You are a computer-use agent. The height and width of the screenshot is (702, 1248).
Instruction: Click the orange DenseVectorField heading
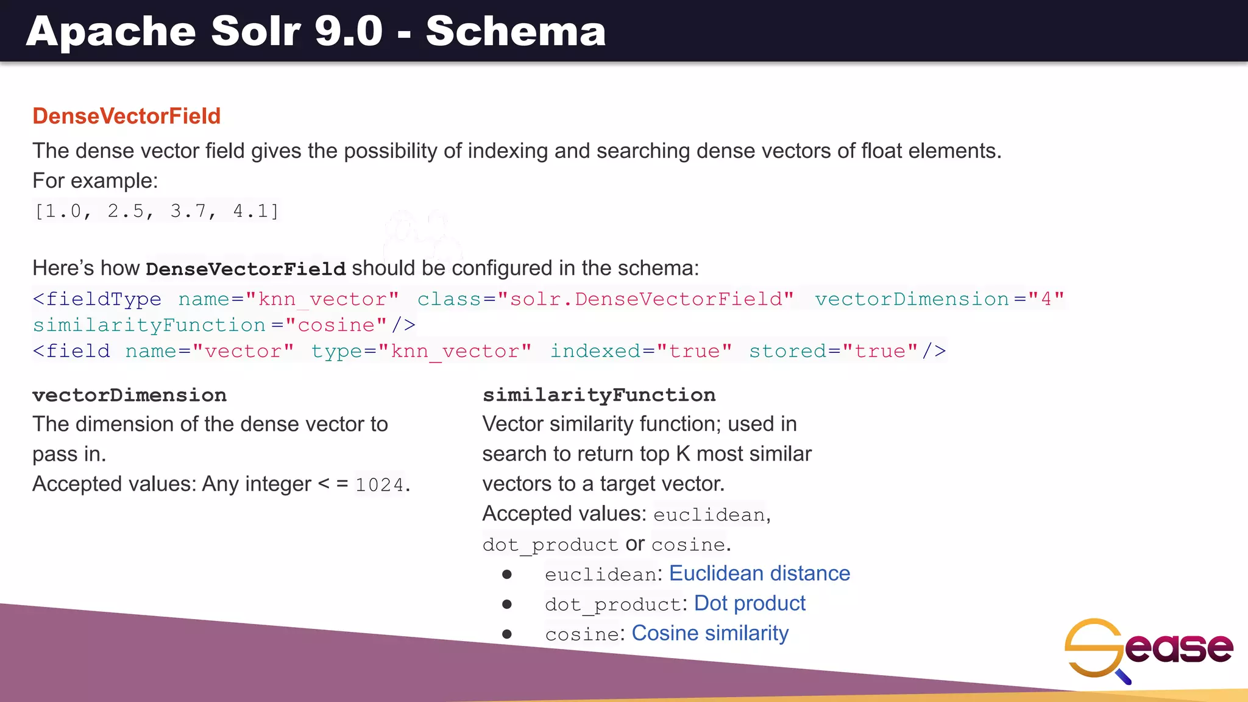pyautogui.click(x=126, y=116)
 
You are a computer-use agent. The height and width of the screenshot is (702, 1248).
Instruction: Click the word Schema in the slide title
pyautogui.click(x=516, y=31)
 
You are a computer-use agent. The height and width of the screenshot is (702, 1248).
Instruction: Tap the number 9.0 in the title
pyautogui.click(x=349, y=31)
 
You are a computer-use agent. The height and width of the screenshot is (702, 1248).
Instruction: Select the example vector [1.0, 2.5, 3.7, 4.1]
pyautogui.click(x=157, y=211)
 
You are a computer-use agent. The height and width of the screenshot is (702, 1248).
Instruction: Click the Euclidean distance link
pyautogui.click(x=759, y=573)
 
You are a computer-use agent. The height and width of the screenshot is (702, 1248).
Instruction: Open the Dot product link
pyautogui.click(x=750, y=603)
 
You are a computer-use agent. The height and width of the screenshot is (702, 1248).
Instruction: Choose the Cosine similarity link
pyautogui.click(x=710, y=633)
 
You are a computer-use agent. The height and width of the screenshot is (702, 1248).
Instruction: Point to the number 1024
pyautogui.click(x=380, y=484)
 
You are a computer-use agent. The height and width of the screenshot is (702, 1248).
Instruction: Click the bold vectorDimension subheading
pyautogui.click(x=129, y=395)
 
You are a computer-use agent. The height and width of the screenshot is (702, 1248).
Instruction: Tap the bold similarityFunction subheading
pyautogui.click(x=599, y=395)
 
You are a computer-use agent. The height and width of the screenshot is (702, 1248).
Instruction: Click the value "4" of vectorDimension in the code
pyautogui.click(x=1046, y=299)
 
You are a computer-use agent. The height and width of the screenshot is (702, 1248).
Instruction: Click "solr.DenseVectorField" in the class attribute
pyautogui.click(x=646, y=299)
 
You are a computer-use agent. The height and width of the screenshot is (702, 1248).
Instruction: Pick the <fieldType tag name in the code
pyautogui.click(x=97, y=299)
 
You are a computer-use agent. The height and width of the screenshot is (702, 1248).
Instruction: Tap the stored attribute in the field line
pyautogui.click(x=787, y=351)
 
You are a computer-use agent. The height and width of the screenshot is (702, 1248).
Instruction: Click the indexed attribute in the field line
pyautogui.click(x=595, y=351)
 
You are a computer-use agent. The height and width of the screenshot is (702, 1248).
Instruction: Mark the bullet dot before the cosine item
pyautogui.click(x=507, y=634)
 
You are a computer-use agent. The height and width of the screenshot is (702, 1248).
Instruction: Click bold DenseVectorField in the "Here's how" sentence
pyautogui.click(x=246, y=269)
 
